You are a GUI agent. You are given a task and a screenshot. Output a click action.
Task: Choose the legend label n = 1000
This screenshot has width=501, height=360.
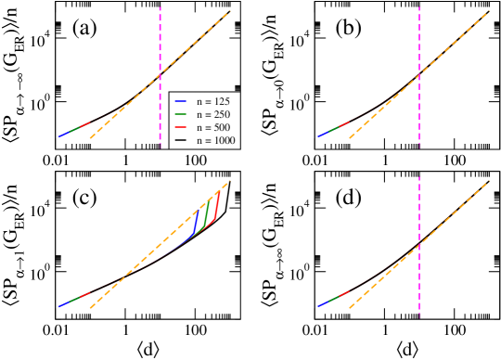(217, 141)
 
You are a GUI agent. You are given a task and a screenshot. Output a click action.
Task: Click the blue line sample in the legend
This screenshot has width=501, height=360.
(181, 100)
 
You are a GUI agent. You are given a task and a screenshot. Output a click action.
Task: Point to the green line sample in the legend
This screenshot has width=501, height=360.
(181, 113)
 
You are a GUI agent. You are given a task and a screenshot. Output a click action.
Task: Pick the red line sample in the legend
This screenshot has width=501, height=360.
(181, 127)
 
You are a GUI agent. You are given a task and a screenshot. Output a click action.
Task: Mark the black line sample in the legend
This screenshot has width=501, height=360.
(181, 141)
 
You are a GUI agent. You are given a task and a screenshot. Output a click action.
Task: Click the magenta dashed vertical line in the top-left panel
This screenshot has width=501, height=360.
(161, 37)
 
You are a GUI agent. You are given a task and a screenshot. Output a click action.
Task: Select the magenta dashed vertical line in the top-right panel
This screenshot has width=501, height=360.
(419, 37)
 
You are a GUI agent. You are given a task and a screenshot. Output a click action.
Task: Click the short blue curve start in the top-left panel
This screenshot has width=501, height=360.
(62, 135)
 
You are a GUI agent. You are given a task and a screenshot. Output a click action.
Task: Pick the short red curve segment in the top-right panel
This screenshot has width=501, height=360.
(344, 123)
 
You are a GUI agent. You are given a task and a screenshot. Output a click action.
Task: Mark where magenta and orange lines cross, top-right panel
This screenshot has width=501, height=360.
(419, 72)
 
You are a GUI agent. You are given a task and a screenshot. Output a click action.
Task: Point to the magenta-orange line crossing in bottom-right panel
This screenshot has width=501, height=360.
(419, 242)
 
